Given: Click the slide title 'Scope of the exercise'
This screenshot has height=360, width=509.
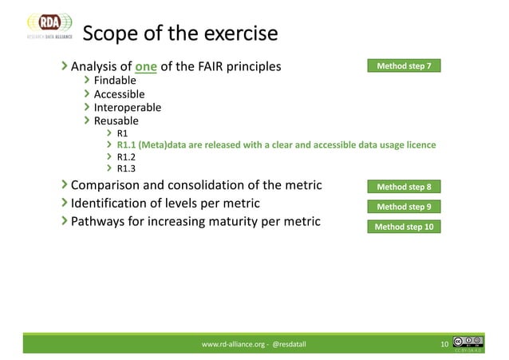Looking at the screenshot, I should tap(180, 34).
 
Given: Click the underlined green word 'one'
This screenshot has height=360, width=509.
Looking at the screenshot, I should tap(146, 66).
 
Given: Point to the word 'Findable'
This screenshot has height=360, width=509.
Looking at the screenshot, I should tap(115, 81).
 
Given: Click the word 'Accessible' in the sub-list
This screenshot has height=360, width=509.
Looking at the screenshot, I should tap(120, 94).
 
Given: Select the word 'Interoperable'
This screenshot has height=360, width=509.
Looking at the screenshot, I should tap(128, 107).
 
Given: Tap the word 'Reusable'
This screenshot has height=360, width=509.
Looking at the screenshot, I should tap(116, 121).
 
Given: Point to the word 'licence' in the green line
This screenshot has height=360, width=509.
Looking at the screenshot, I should tap(420, 145).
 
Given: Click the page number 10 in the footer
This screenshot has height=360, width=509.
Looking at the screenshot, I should tap(445, 344).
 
